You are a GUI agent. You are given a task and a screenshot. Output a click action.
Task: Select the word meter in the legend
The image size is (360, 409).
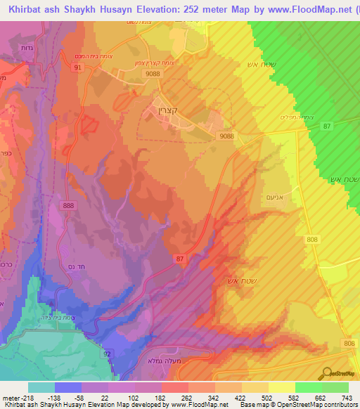pyautogui.click(x=15, y=396)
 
